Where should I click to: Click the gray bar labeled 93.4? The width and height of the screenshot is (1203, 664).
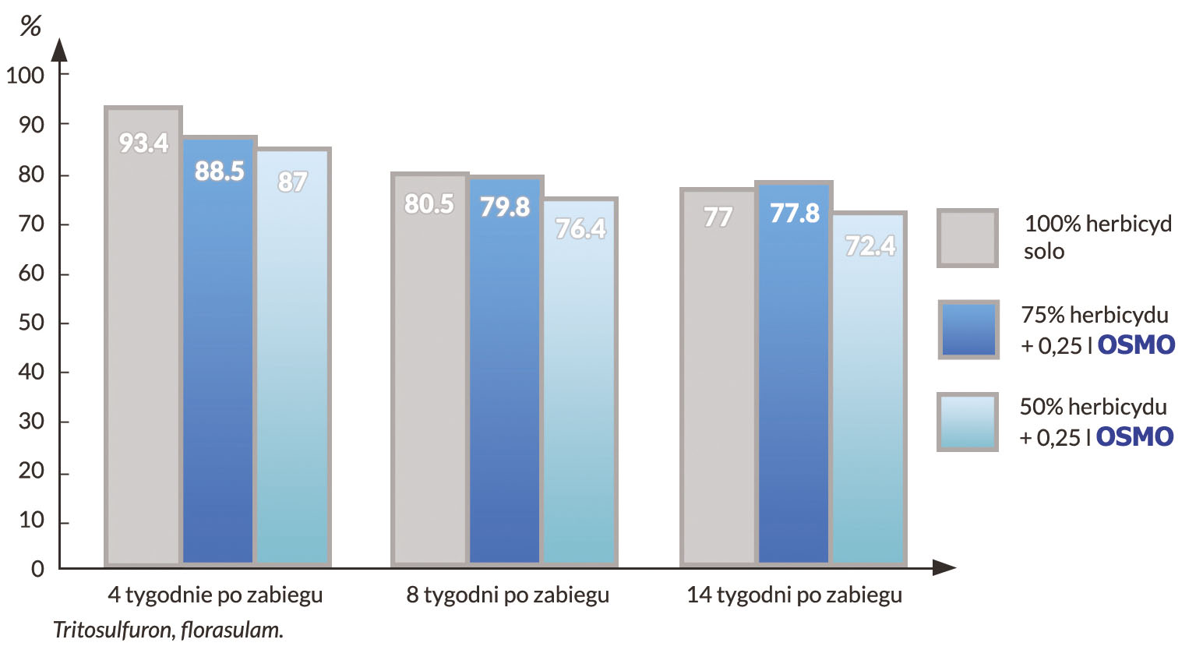coord(143,335)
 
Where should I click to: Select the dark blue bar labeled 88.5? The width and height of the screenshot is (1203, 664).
coord(218,351)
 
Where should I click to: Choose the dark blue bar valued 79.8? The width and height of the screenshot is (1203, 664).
coord(505,370)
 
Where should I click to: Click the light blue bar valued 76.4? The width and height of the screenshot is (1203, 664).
coord(580,382)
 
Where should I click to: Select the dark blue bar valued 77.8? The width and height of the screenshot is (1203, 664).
coord(794,374)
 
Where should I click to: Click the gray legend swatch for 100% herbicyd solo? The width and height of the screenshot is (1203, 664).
coord(968,238)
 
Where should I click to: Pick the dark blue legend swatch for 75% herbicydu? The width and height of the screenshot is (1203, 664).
coord(968,330)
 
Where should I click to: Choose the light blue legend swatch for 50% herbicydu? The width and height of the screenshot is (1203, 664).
coord(968,422)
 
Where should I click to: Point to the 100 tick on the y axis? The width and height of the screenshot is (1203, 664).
coord(26,76)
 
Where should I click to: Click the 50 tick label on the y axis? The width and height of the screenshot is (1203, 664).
coord(31,323)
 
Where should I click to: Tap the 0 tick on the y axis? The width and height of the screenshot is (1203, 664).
coord(37,569)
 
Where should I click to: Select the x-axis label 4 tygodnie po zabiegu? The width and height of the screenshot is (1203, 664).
coord(215,595)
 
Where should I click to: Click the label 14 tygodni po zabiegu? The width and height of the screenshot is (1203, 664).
coord(794,595)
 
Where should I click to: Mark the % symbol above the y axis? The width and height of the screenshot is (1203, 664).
coord(30,26)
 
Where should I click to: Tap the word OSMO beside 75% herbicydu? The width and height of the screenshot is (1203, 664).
coord(1136,344)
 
